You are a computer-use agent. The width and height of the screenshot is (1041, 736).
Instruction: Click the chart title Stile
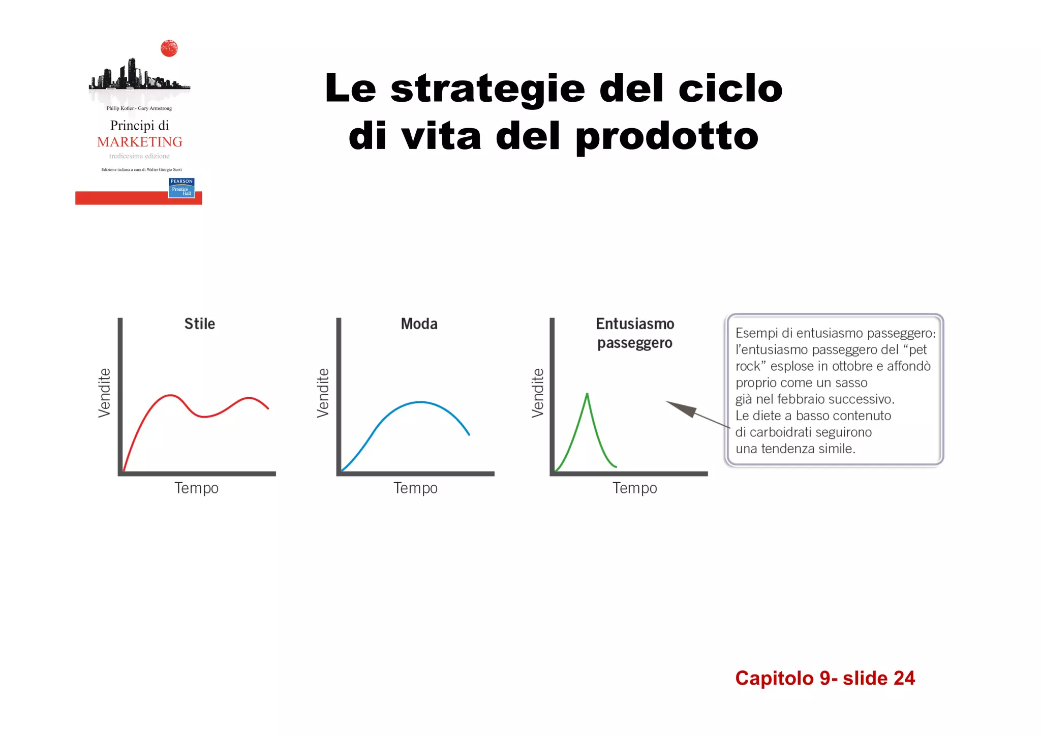pos(199,324)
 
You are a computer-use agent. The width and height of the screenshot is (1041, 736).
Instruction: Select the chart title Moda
pos(419,324)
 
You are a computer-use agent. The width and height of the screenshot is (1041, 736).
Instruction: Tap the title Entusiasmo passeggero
pos(635,333)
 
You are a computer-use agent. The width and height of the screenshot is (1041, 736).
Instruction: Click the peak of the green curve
pos(587,394)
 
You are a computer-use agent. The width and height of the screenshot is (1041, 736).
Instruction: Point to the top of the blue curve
pos(420,402)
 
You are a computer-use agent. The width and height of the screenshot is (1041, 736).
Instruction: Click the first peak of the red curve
pos(170,395)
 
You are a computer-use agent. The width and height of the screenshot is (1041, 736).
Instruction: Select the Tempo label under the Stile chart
pos(196,488)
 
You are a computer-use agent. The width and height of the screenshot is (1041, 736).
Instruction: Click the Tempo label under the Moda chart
pos(415,488)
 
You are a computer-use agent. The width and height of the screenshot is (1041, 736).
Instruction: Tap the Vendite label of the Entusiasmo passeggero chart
pos(538,393)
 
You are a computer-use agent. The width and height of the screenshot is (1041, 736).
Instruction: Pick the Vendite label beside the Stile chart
pos(104,393)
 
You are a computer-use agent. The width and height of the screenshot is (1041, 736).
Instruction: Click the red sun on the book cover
pos(169,49)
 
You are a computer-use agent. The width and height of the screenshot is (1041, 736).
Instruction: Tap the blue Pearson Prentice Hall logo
pos(181,188)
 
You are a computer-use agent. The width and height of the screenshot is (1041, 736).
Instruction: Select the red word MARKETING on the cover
pos(139,142)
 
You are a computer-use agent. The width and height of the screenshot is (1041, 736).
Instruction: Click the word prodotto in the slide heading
pos(667,136)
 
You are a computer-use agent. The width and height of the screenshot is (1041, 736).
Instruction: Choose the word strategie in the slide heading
pos(487,89)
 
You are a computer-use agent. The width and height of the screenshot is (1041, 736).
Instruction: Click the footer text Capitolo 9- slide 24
pos(824,678)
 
